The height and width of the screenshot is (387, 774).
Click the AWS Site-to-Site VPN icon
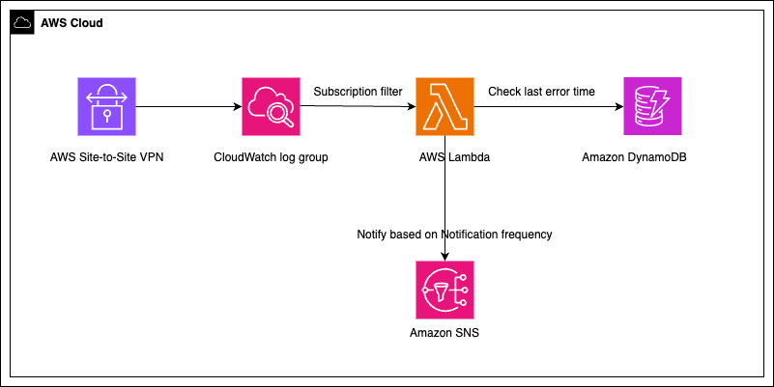[108, 107]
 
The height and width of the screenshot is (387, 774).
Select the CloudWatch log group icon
[272, 107]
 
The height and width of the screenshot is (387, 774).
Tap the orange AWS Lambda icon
[445, 107]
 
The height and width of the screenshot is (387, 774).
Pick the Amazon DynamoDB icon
[653, 107]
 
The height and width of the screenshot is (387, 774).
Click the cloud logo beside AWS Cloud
[22, 22]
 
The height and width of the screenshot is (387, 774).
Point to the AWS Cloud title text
[72, 22]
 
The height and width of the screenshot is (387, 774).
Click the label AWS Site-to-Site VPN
[108, 156]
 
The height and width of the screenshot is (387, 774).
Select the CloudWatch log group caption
[272, 156]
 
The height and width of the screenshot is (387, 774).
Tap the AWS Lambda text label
[445, 156]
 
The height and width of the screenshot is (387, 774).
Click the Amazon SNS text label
[444, 334]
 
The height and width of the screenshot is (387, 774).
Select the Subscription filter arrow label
[358, 92]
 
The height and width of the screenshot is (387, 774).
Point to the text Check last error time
[541, 92]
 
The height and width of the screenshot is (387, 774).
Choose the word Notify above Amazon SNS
[374, 235]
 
